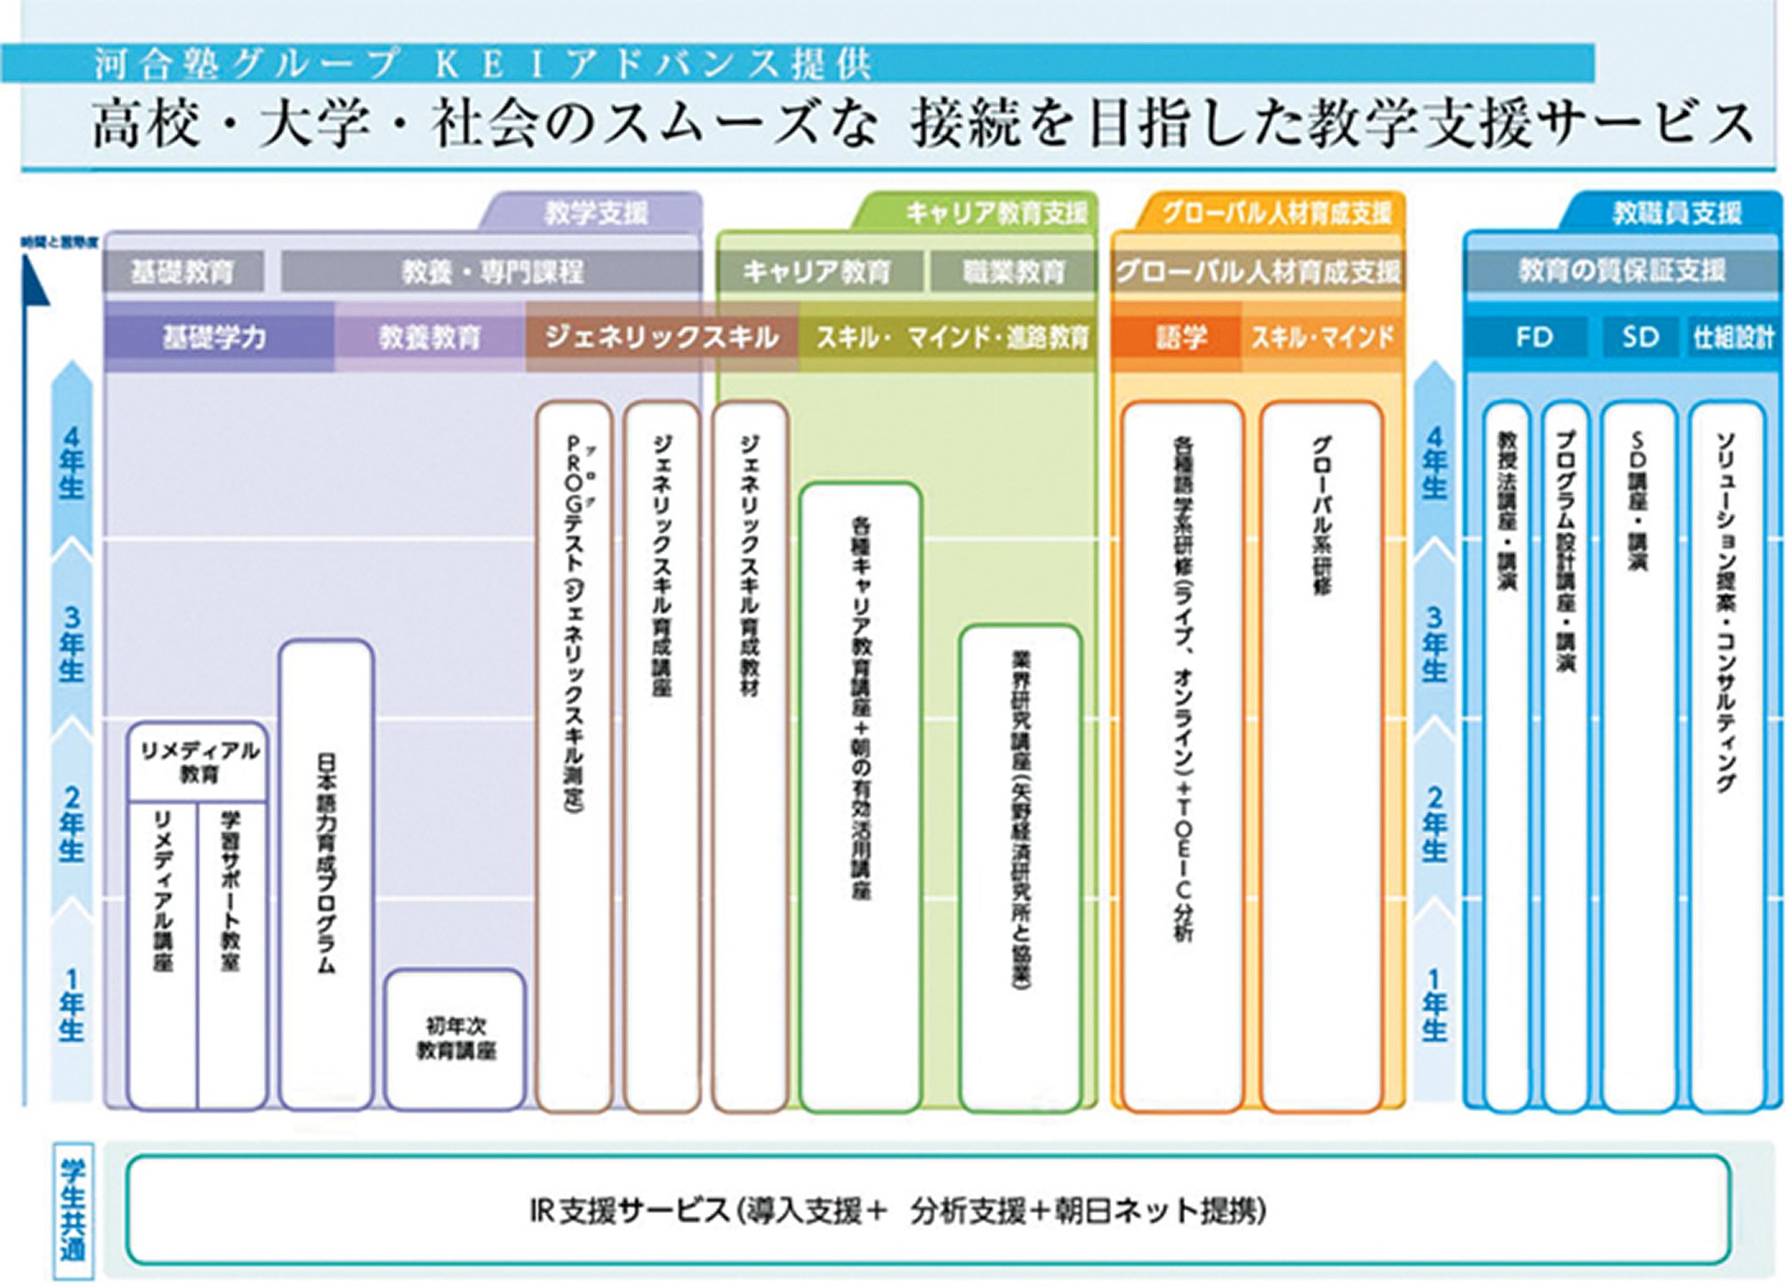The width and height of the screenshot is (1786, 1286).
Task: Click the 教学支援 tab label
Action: coord(595,213)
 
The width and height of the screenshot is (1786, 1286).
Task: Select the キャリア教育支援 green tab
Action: coord(994,213)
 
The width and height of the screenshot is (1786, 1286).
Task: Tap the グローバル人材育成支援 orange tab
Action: coord(1276,213)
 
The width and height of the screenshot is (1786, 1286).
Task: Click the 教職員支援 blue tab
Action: coord(1676,213)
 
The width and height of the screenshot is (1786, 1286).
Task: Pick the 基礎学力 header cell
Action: coord(214,337)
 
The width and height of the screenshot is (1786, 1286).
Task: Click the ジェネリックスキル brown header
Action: coord(661,337)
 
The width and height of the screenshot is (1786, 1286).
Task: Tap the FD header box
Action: coord(1533,337)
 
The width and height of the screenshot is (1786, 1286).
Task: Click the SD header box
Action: coord(1639,337)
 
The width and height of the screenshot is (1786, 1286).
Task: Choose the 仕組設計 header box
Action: coord(1733,337)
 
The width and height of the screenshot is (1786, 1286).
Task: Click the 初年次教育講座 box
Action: coord(455,1039)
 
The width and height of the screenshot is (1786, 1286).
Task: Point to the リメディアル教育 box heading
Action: coord(198,762)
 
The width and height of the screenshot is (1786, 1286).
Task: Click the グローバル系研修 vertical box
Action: coord(1322,756)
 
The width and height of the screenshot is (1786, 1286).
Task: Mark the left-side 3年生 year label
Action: coord(72,643)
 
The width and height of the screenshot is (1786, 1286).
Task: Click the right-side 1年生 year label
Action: coord(1434,1005)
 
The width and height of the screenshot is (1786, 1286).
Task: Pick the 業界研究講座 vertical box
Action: coord(1020,867)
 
